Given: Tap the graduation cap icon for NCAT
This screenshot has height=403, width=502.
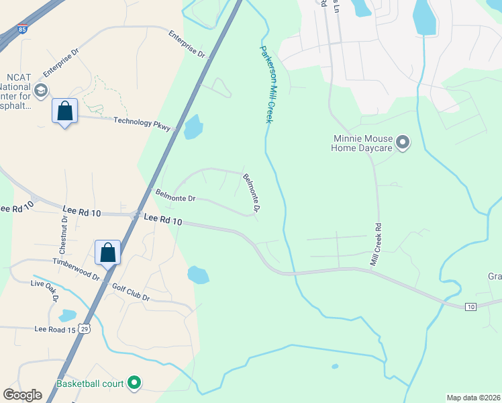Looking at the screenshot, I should (41, 91).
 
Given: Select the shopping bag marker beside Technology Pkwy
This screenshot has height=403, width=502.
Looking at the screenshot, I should (65, 111).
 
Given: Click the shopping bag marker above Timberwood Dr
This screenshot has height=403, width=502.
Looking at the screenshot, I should (107, 253).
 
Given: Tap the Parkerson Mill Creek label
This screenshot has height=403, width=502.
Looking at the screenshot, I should (268, 84).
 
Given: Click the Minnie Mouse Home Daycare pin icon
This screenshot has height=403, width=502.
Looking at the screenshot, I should (403, 142).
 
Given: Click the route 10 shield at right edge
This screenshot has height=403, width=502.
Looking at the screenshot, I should (471, 306).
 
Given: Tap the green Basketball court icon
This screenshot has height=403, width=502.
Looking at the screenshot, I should (134, 384).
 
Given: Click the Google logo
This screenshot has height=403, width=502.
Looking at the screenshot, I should (23, 395).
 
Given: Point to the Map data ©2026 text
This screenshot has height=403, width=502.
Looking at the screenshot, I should (473, 398).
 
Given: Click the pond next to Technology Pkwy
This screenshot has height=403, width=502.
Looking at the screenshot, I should (193, 127).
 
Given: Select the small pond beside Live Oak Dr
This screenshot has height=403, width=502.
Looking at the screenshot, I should (67, 315).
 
